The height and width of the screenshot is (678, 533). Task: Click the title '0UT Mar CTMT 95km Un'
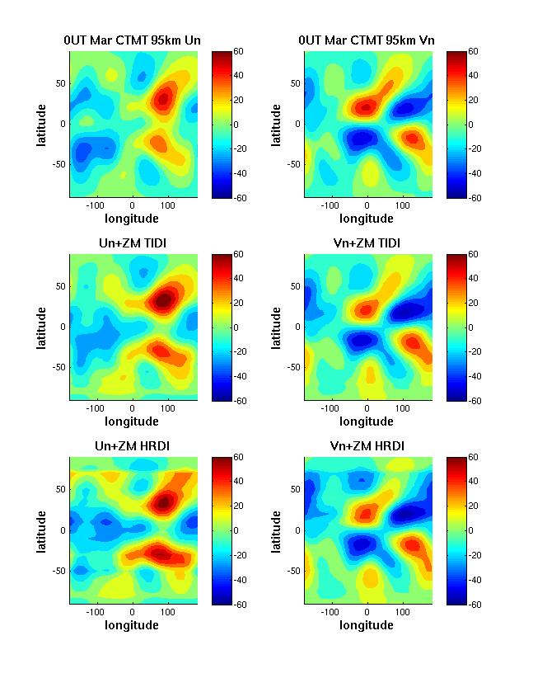click(133, 40)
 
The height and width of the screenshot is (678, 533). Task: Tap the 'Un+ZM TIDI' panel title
click(133, 242)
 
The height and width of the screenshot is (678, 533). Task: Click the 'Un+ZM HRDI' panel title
click(133, 446)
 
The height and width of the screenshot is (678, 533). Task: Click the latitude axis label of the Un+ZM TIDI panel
click(42, 327)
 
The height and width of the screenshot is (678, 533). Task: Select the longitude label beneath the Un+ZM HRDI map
click(132, 625)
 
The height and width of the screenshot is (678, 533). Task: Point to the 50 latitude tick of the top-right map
click(295, 83)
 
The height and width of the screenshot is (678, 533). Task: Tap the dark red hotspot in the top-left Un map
click(164, 97)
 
